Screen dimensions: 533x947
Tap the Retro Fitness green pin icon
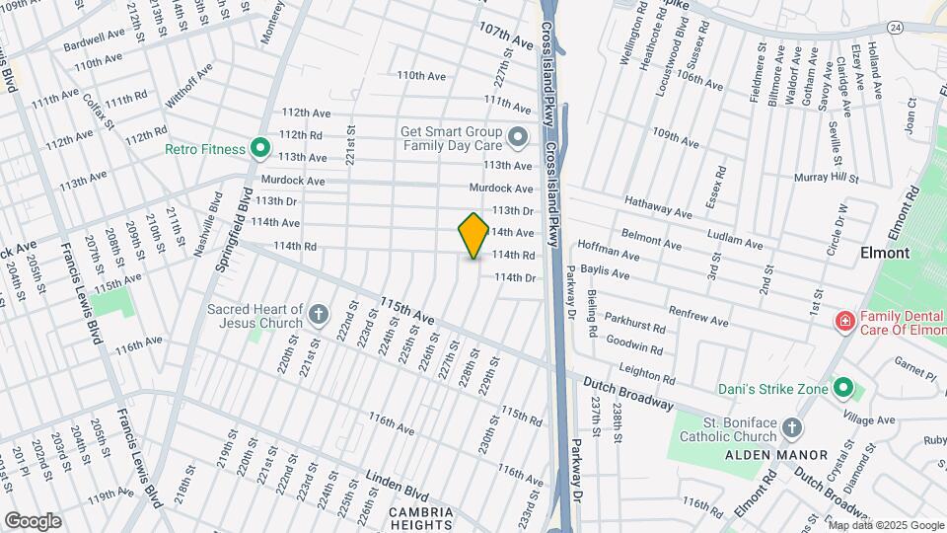point(260,149)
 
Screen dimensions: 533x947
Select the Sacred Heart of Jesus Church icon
point(319,315)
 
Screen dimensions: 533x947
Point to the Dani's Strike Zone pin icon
point(842,388)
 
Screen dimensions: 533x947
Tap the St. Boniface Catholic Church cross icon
point(791,428)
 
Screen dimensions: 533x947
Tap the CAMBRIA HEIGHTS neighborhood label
point(421,518)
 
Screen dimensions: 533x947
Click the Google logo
point(33,520)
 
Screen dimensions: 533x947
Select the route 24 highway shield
point(894,27)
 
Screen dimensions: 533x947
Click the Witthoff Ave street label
point(188,86)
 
